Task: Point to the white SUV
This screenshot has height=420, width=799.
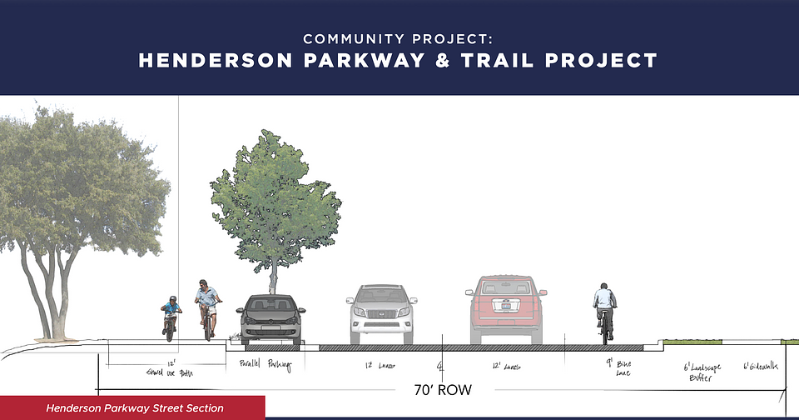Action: pos(380,313)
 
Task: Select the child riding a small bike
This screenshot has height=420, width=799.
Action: pos(171,317)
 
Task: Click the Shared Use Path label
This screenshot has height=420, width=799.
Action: pos(166,368)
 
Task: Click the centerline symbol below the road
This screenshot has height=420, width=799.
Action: pos(441,365)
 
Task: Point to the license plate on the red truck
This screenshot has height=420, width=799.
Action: pos(506,306)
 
